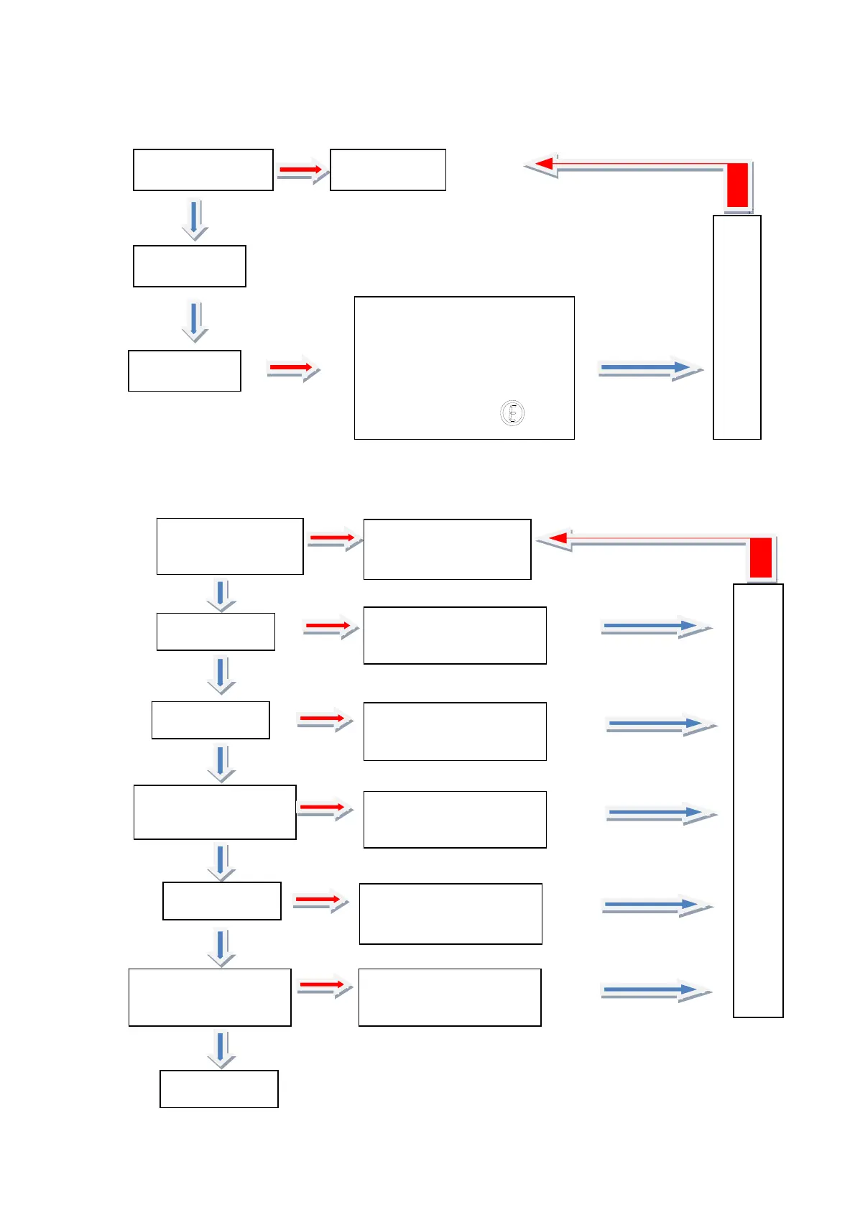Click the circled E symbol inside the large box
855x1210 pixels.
point(512,413)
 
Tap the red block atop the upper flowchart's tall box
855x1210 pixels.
point(737,185)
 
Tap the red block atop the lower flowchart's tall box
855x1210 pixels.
point(760,558)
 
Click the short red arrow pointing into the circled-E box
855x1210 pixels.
point(292,368)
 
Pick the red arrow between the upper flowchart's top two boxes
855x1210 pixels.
point(302,170)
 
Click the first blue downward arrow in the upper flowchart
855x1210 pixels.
point(194,218)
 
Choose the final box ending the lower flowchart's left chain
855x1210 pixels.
point(218,1089)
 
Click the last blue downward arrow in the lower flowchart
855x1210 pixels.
point(221,1048)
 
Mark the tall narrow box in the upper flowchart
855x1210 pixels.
point(736,327)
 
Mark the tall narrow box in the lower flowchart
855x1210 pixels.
point(758,800)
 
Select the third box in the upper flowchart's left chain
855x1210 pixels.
point(184,371)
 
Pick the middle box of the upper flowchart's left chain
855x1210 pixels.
point(190,266)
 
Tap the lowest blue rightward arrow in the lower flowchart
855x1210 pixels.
point(654,990)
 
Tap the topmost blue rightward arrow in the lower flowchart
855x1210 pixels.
point(654,627)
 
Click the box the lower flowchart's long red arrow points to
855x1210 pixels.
point(447,549)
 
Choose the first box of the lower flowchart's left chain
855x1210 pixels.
point(230,546)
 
